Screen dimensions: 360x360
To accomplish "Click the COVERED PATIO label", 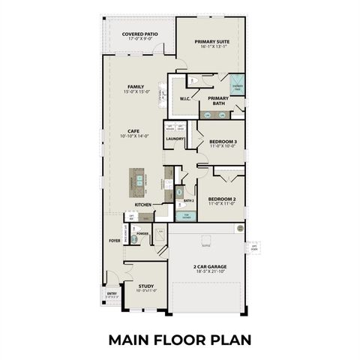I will coord(139,34).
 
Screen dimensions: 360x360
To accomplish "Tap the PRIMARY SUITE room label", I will coord(212,41).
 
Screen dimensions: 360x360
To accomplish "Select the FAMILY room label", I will coord(136,87).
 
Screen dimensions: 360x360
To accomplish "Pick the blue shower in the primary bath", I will coord(236,84).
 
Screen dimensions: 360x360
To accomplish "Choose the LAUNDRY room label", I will coord(175,139).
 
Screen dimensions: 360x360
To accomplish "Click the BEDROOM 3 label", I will coord(223,142).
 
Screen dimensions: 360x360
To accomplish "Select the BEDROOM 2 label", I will coord(222,199).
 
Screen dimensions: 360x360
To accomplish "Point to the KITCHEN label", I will coord(143,204).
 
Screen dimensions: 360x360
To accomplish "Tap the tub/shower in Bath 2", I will coord(187,217).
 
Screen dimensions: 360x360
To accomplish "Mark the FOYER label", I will coord(114,241).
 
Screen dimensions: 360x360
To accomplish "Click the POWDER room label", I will coord(142,234).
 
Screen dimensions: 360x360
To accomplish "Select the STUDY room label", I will coord(145,286).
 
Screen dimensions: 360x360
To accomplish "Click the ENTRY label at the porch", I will coord(112,293).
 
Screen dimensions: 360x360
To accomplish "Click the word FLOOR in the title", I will coord(180,340).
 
